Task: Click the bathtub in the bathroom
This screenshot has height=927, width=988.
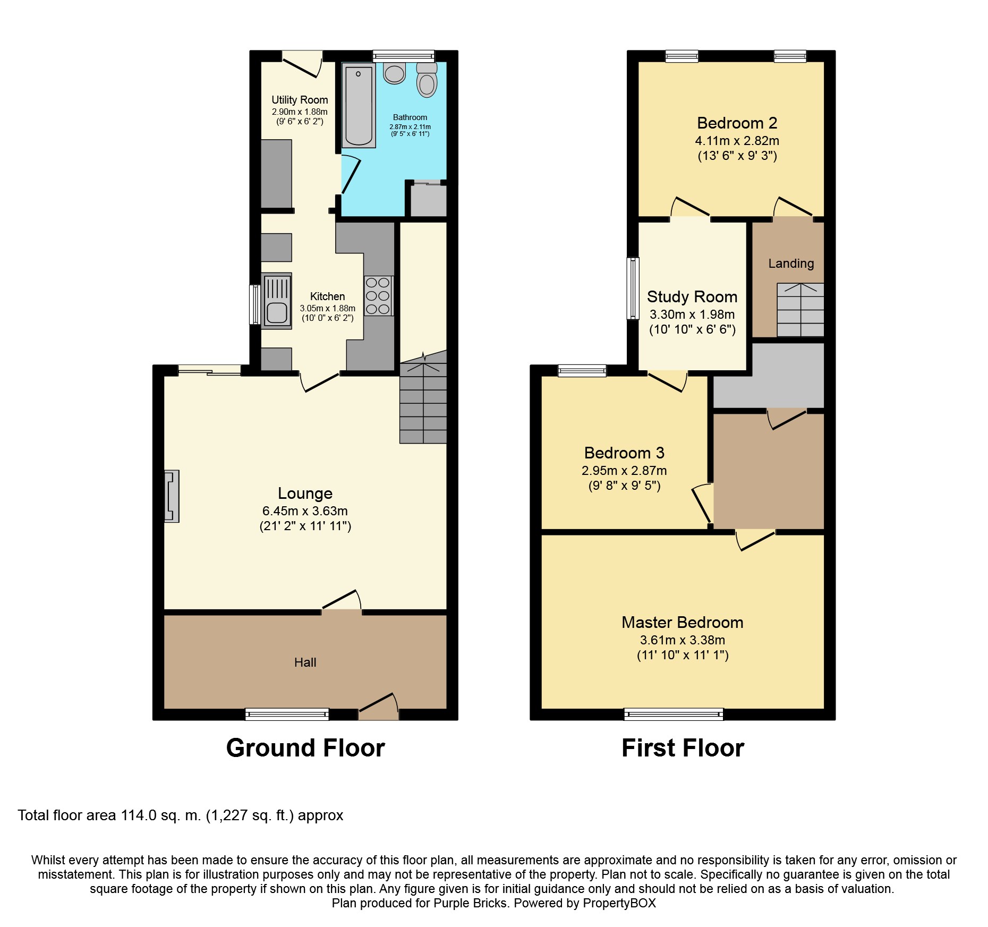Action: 359,105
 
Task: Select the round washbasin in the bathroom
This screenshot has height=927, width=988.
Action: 395,74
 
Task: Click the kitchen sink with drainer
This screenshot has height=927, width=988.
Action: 276,301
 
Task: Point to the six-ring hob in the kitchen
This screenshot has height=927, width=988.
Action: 378,296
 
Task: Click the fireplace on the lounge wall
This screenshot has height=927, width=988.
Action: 172,496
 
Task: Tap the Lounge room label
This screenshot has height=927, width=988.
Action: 305,494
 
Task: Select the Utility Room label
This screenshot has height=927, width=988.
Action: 300,100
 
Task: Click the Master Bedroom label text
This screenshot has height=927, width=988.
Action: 682,623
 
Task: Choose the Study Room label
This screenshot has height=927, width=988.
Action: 692,296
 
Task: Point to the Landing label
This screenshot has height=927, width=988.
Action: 790,263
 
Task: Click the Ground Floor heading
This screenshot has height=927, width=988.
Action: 305,748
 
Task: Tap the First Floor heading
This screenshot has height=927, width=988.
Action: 683,748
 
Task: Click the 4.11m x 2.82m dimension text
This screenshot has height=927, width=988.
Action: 737,141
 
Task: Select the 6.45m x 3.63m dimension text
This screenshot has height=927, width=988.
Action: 305,511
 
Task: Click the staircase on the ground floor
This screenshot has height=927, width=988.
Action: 423,404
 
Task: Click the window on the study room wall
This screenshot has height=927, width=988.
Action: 633,288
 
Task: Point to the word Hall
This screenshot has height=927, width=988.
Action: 305,662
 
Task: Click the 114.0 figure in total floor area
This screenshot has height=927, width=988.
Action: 139,815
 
